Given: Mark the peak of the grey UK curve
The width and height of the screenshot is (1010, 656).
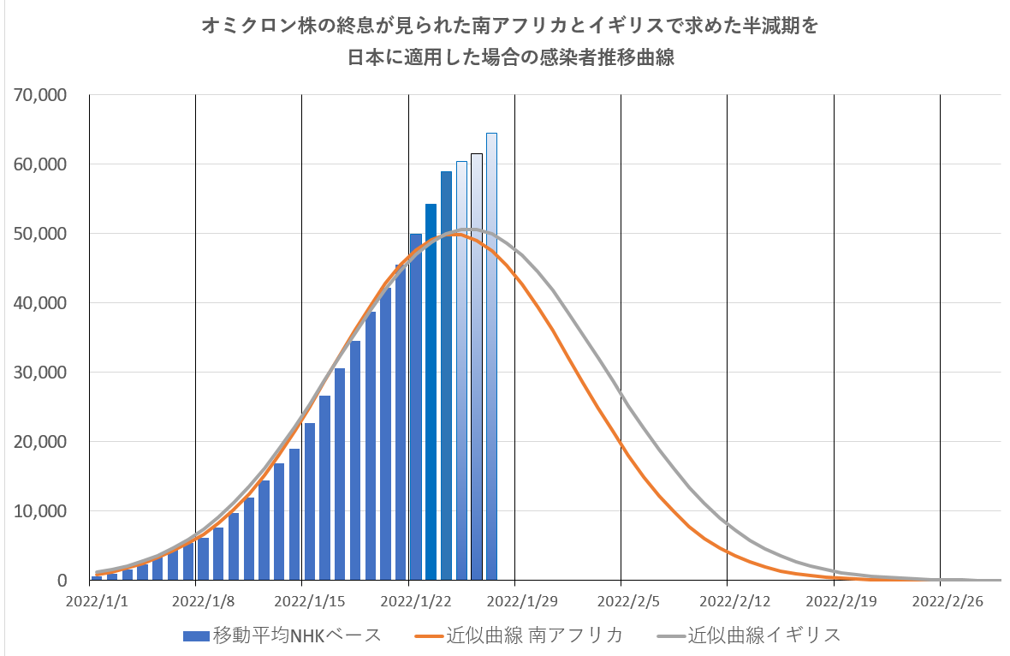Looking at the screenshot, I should point(470,230).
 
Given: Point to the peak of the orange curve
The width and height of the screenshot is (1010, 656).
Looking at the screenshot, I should point(454,234).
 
